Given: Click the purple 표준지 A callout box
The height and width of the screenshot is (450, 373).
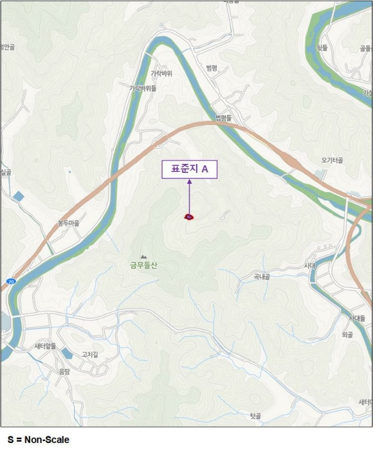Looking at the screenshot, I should point(189,169).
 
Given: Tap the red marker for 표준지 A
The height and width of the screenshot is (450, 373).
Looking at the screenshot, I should point(189,217).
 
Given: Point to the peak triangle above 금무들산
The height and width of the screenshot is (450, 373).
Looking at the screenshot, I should point(143,256).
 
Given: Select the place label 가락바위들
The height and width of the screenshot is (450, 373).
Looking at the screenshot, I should point(143,88).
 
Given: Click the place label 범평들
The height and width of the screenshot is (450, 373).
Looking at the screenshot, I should point(223,118).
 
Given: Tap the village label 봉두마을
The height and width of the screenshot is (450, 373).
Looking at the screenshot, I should point(68,223).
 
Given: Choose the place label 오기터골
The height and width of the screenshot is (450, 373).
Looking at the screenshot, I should point(332,159).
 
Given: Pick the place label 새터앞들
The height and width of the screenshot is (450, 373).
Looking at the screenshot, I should point(46,346).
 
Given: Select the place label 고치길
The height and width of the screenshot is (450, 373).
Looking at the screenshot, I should point(90,354).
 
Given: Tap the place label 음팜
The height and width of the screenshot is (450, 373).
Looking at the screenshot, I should point(64,371).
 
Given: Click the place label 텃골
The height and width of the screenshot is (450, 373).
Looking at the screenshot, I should point(255,416).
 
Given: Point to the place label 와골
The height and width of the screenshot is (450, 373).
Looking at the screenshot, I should point(347,334).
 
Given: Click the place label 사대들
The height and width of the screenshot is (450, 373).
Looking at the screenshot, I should point(358,318).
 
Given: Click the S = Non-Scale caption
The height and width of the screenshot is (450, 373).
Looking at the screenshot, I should point(39,440).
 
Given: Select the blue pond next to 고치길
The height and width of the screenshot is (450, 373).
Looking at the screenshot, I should point(68,353).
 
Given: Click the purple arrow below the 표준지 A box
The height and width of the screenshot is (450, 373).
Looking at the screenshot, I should point(189,196).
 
